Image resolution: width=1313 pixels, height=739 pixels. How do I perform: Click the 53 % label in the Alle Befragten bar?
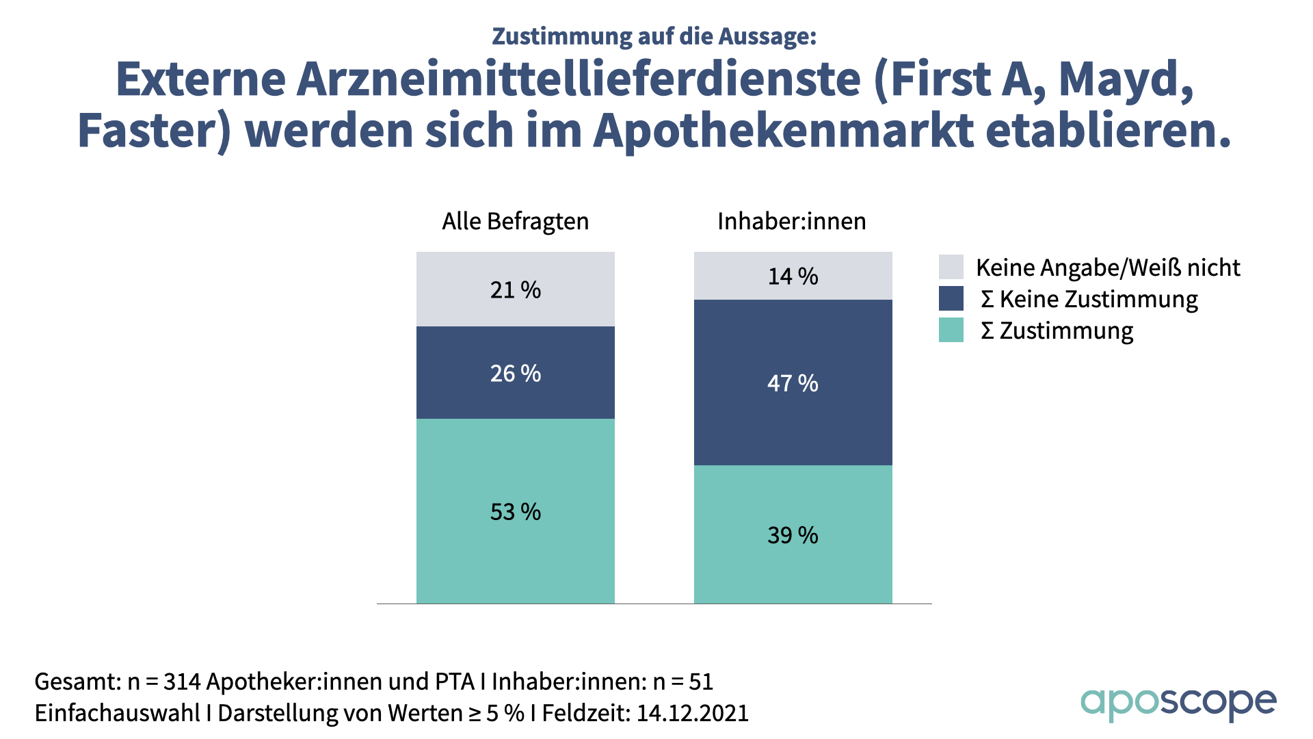tap(515, 512)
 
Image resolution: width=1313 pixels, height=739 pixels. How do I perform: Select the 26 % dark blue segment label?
tap(515, 374)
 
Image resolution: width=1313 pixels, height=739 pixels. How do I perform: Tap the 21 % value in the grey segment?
tap(515, 290)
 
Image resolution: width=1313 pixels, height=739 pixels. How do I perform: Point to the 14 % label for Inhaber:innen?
tap(793, 276)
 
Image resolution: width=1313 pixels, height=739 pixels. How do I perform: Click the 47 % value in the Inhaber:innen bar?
tap(793, 383)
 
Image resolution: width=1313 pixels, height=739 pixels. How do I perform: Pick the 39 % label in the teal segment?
tap(793, 535)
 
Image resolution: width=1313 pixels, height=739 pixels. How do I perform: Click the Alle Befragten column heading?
tap(515, 222)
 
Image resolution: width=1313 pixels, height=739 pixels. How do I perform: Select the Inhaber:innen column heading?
tap(791, 222)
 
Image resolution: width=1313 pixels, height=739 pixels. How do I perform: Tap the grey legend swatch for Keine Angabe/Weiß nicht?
tap(951, 267)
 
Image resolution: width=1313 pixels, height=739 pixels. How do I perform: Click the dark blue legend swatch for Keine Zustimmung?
tap(951, 298)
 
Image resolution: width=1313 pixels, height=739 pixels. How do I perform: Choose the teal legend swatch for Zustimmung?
tap(951, 330)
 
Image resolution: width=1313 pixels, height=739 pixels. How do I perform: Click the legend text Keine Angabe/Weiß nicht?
tap(1108, 268)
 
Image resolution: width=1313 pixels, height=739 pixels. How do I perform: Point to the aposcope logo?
tap(1178, 703)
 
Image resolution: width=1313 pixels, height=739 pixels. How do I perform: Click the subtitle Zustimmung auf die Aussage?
tap(654, 36)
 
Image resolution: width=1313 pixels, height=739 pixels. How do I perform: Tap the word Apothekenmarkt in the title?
tap(784, 130)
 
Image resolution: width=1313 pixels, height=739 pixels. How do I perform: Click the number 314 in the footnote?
tap(182, 682)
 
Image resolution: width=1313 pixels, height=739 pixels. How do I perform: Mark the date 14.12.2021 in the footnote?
tap(692, 713)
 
